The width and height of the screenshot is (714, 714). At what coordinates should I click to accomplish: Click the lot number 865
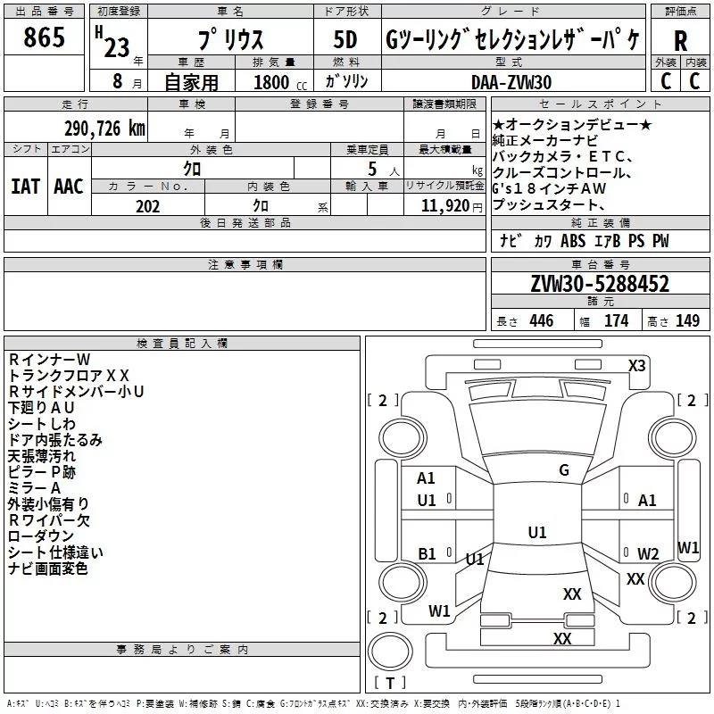click(x=44, y=37)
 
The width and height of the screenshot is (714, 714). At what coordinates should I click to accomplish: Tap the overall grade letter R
click(x=680, y=40)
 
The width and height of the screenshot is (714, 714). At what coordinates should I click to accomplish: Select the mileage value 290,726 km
click(x=104, y=129)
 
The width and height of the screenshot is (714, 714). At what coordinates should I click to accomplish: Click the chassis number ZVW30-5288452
click(x=600, y=284)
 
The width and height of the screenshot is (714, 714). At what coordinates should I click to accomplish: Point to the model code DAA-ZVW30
click(x=511, y=82)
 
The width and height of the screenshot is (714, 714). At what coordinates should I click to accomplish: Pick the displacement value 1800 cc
click(x=280, y=82)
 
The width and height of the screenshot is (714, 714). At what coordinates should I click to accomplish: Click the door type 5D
click(x=345, y=40)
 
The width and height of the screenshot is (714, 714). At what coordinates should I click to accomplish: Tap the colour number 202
click(x=147, y=206)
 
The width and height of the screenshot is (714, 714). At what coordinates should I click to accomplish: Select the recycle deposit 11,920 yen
click(x=452, y=206)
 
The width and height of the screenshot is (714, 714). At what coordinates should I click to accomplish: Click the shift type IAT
click(x=26, y=187)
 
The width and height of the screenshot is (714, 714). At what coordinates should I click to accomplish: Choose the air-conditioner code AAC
click(x=69, y=187)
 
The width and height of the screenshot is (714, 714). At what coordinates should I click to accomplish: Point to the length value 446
click(x=542, y=320)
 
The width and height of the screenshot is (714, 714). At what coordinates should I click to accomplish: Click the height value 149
click(x=687, y=320)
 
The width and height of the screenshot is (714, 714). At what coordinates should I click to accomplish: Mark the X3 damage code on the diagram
click(x=636, y=366)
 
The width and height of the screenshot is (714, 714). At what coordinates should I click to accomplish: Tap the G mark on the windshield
click(x=564, y=469)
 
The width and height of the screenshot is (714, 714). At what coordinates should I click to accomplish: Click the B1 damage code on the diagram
click(x=427, y=553)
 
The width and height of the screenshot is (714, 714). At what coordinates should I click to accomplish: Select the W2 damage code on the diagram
click(x=648, y=553)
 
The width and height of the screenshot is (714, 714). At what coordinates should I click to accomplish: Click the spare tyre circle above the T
click(x=390, y=652)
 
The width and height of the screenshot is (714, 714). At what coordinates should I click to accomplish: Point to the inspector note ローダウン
click(x=41, y=536)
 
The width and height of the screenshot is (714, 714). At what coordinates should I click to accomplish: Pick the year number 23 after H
click(x=117, y=48)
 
